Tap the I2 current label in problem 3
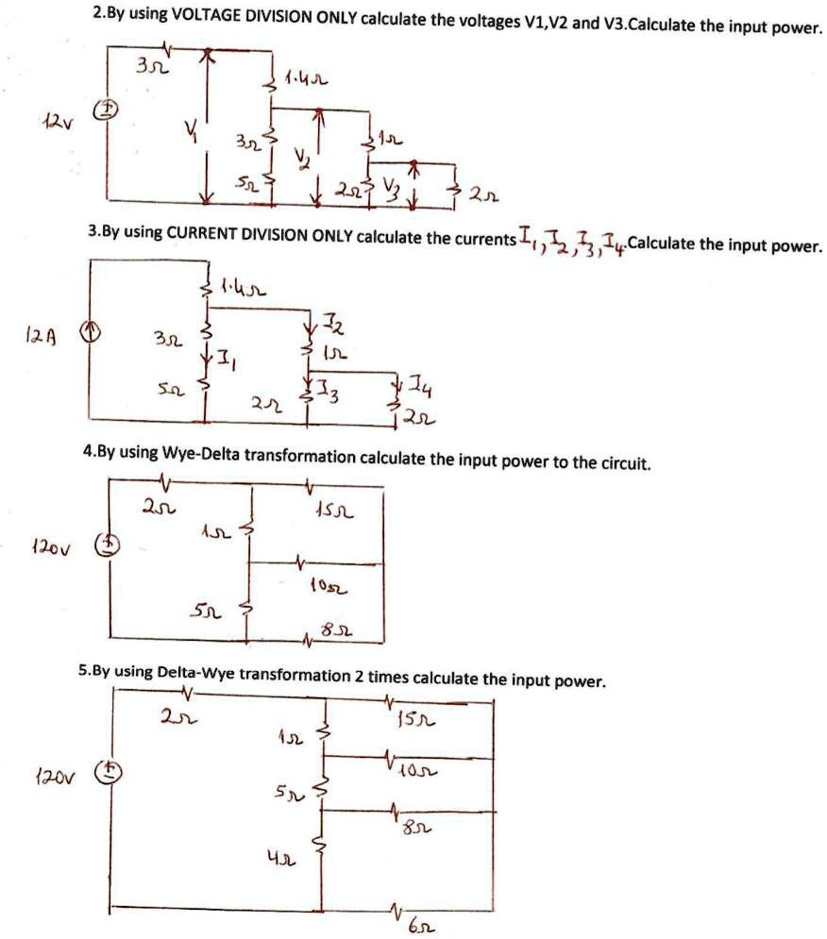[334, 328]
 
